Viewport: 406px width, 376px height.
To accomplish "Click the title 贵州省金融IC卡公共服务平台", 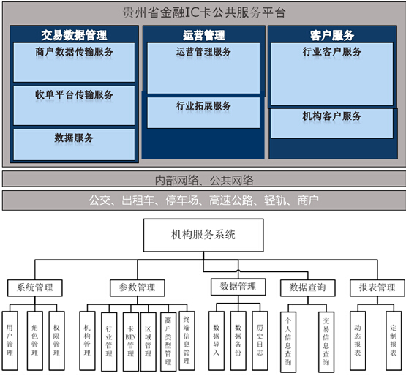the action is (204, 12).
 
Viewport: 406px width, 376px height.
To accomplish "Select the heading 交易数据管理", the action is (74, 35).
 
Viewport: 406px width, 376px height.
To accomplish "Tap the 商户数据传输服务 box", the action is (74, 62).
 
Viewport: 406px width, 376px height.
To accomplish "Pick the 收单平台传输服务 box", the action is (74, 105).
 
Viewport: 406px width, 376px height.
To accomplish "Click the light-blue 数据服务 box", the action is (74, 145).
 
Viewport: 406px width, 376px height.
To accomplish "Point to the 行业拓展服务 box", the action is (203, 113).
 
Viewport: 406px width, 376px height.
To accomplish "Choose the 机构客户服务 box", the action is (332, 124).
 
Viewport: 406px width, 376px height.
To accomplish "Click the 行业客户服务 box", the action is (332, 75).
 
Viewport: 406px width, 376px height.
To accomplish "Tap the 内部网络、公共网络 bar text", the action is (204, 180).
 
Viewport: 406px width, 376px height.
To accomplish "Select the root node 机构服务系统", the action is (203, 235).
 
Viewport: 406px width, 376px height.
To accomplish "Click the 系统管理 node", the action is (35, 287).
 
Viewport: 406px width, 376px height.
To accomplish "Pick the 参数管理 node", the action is (138, 287).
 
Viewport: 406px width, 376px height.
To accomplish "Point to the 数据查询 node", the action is (308, 287).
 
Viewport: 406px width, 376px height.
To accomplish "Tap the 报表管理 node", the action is (377, 287).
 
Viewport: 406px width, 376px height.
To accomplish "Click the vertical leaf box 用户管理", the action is (10, 341).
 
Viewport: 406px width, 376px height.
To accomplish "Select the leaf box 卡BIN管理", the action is (131, 342).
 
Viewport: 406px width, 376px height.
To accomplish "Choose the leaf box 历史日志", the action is (260, 341).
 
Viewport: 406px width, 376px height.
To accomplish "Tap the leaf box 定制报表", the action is (394, 341).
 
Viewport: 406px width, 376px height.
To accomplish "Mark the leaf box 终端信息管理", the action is (187, 341).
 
